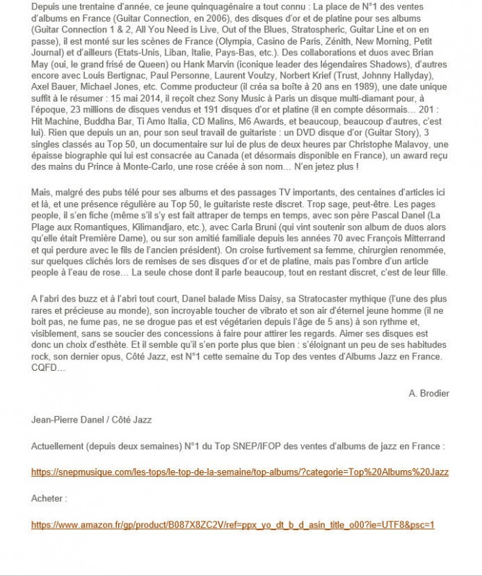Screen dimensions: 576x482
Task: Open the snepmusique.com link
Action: (x=240, y=472)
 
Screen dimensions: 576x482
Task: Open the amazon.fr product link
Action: (x=233, y=523)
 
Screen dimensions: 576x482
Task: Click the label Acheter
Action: (x=49, y=498)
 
